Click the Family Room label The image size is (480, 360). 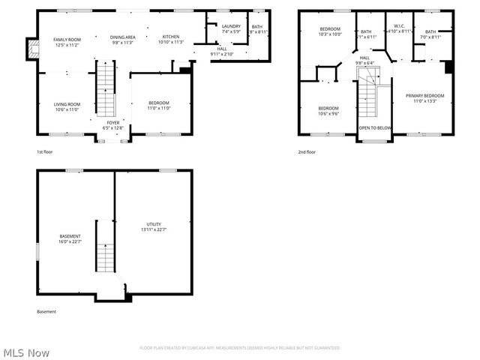tap(67, 41)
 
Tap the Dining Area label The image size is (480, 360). tap(123, 39)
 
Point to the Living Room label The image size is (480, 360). tap(67, 106)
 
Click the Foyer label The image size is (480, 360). tap(112, 124)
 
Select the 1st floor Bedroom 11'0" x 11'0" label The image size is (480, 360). tap(158, 106)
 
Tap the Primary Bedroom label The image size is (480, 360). tap(424, 97)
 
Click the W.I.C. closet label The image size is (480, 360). tap(399, 28)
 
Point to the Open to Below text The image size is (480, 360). tap(374, 128)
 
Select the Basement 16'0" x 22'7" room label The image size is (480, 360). tap(70, 238)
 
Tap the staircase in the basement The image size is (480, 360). tap(103, 247)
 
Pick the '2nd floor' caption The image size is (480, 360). tap(307, 152)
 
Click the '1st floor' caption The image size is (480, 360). tap(45, 152)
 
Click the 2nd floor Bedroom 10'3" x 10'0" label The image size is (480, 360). tap(330, 31)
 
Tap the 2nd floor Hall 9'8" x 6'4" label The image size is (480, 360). tap(364, 60)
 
